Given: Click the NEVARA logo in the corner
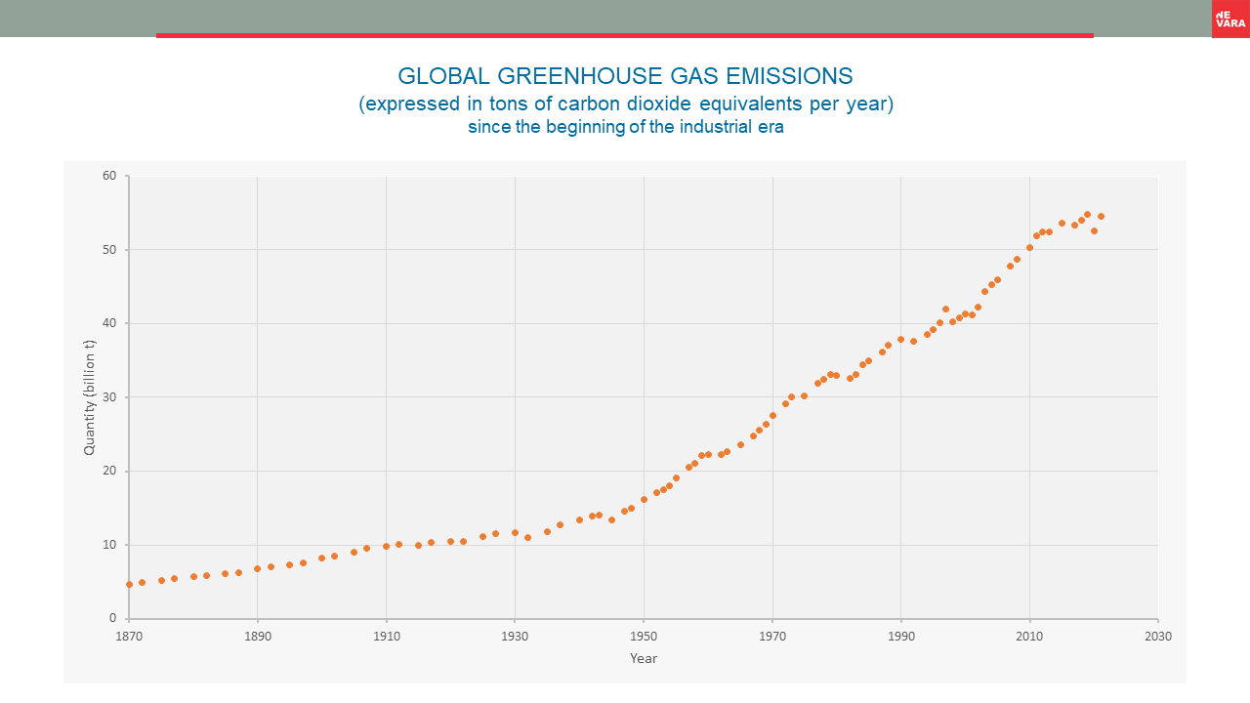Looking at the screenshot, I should (1230, 19).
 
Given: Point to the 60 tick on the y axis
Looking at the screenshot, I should (109, 176).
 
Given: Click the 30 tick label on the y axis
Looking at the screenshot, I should (109, 397).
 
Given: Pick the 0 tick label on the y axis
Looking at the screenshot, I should (113, 618).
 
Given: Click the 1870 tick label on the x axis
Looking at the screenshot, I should (128, 636).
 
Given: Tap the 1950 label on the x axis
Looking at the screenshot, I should (644, 636).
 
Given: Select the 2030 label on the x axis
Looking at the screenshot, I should (1158, 636).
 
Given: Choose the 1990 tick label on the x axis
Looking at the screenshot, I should (901, 636).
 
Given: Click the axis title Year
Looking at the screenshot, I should (644, 658).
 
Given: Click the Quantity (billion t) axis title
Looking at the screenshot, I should (89, 397).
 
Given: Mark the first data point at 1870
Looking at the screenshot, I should (129, 584).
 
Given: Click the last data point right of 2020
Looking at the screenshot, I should (1101, 216).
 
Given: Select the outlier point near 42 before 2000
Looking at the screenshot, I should (945, 309).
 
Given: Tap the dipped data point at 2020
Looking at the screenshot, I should (1094, 230).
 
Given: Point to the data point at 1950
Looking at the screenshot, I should (644, 499).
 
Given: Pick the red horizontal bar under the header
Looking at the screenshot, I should (625, 35).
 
